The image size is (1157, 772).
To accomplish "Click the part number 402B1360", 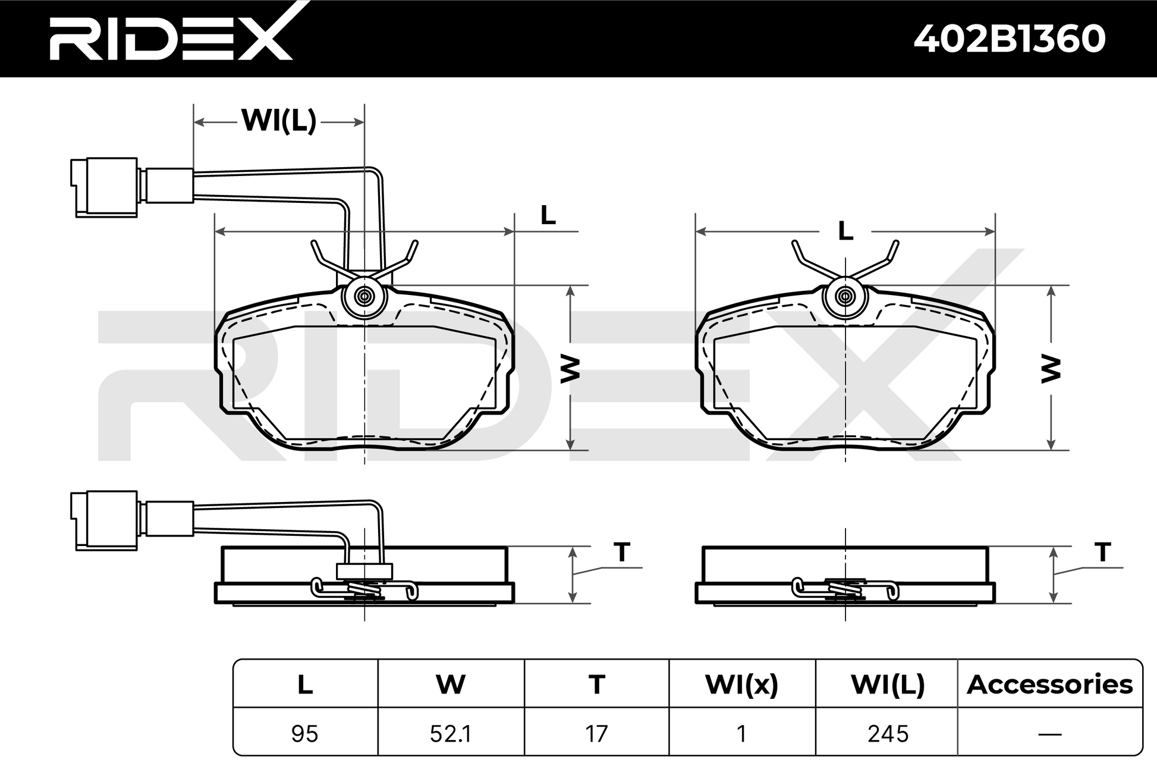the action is click(x=1009, y=39).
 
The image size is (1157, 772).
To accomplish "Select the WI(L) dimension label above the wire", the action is click(x=279, y=121).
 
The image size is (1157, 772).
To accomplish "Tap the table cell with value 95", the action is click(x=305, y=733).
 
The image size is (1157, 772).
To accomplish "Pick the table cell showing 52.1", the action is click(x=451, y=733).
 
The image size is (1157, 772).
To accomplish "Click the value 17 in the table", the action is click(x=596, y=733).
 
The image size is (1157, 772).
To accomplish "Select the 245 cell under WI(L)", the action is click(x=888, y=733).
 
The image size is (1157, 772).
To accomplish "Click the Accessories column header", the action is click(x=1050, y=685).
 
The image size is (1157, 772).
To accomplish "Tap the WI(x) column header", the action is click(x=741, y=685).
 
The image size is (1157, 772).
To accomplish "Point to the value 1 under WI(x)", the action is click(x=741, y=733).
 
